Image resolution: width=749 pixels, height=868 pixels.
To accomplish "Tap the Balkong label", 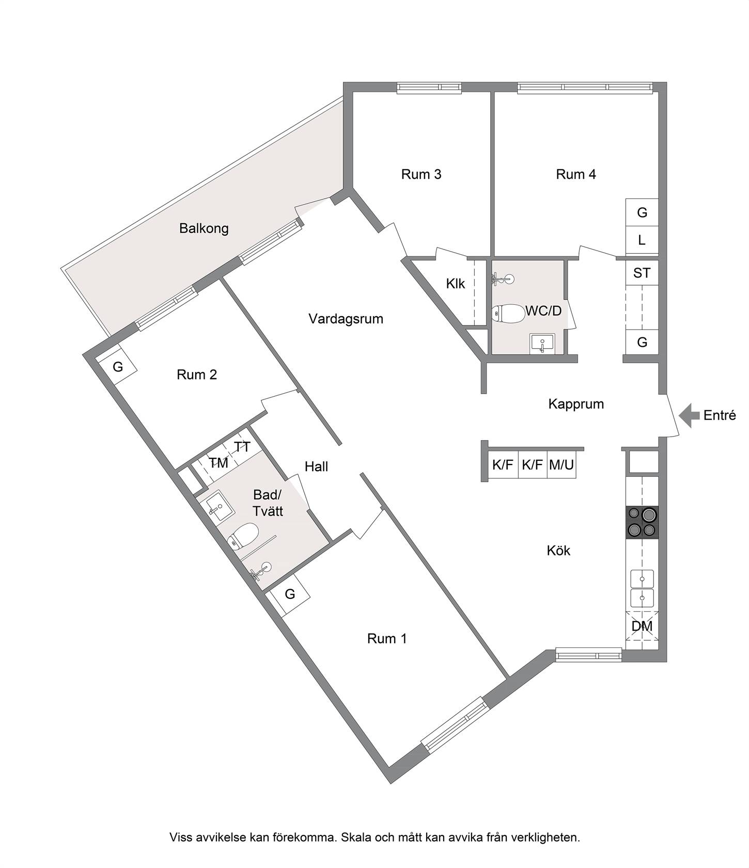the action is (204, 228).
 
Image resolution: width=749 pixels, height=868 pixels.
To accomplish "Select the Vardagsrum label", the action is (346, 319).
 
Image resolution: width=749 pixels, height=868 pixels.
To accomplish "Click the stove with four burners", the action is (642, 522).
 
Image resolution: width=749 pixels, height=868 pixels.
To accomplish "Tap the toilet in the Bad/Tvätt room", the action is (243, 535).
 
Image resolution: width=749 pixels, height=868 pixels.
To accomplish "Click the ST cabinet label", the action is (642, 272).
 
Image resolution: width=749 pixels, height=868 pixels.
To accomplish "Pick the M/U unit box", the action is (561, 465).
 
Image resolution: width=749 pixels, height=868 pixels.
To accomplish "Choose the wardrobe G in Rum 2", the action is (118, 366).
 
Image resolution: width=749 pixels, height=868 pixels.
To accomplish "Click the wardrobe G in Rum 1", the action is (290, 594).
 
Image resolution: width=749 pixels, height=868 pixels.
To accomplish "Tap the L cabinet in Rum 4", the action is (642, 240).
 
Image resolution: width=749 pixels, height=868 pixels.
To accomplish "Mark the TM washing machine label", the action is (219, 463).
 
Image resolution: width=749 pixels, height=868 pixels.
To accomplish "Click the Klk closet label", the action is (456, 284).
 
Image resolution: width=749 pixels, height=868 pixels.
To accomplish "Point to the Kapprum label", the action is (576, 404).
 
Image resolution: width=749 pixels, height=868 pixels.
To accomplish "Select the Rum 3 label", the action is (421, 174).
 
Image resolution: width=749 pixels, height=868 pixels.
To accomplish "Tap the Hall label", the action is (316, 467).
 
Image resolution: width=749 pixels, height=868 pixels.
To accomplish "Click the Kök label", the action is (558, 550).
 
